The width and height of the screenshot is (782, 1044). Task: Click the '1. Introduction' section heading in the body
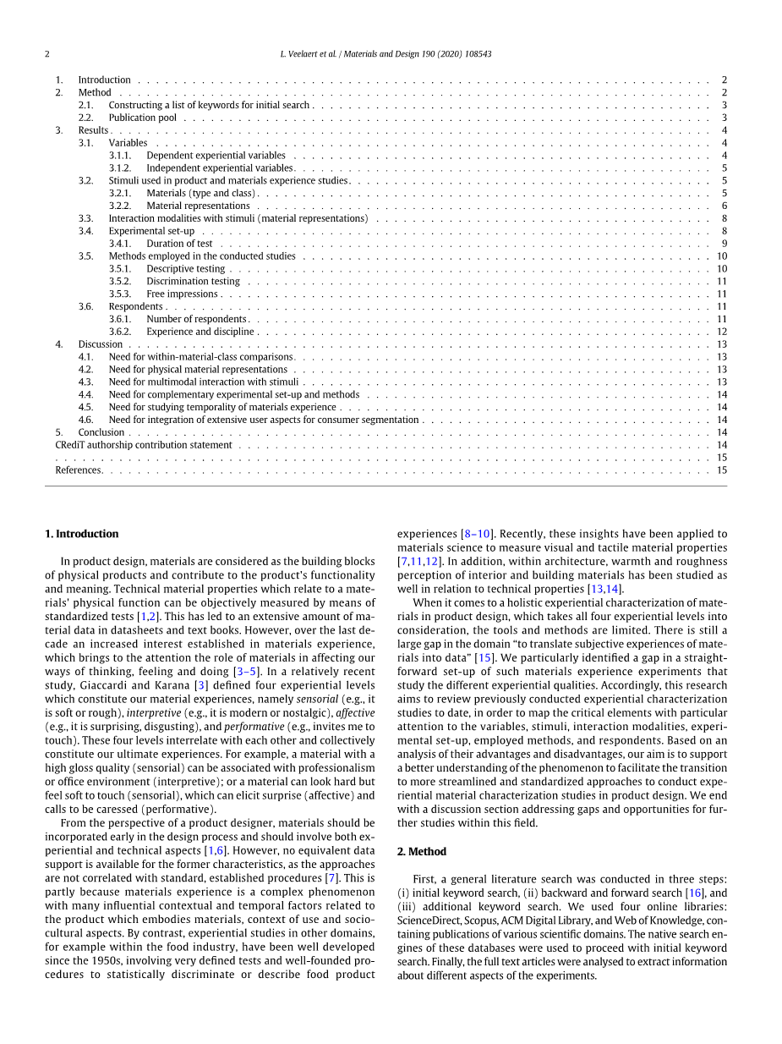[81, 534]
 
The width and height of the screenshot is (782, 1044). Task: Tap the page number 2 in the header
[47, 54]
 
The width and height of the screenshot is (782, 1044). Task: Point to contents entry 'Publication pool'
[142, 118]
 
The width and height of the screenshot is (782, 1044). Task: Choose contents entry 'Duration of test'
[179, 244]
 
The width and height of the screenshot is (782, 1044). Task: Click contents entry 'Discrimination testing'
[193, 281]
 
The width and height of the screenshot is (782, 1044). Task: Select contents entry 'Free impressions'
[182, 294]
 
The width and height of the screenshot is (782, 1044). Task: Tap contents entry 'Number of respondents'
[195, 319]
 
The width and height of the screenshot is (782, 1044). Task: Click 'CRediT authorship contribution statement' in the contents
[144, 445]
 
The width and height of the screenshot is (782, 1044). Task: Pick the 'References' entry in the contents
[79, 470]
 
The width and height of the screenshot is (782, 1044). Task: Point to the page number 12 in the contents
[722, 332]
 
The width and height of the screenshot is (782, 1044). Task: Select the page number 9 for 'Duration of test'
[725, 244]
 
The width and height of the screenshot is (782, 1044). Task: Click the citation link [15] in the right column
[484, 657]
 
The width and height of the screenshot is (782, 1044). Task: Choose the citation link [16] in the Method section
[695, 893]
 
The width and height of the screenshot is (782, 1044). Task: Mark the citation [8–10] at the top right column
[478, 534]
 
